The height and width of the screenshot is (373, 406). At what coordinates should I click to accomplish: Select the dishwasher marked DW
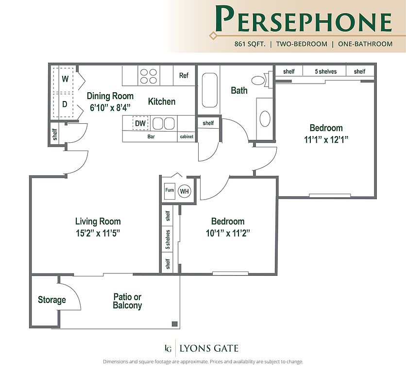[x=140, y=123]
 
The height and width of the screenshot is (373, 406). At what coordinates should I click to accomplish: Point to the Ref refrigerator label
[x=184, y=75]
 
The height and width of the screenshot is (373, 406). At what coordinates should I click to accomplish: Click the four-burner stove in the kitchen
[x=149, y=76]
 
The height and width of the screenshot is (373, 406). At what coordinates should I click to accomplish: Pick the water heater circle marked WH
[x=185, y=191]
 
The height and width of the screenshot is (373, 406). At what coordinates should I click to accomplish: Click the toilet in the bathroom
[x=260, y=80]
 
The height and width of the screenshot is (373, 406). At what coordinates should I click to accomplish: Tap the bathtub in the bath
[x=209, y=90]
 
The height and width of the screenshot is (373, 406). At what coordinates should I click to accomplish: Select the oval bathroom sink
[x=265, y=119]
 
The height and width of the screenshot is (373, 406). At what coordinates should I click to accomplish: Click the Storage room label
[x=52, y=300]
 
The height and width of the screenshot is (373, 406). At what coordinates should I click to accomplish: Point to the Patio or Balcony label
[x=127, y=301]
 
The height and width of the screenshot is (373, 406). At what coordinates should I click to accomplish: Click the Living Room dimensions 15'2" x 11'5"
[x=98, y=233]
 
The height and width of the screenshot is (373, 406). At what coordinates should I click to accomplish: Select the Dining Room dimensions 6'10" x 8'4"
[x=110, y=107]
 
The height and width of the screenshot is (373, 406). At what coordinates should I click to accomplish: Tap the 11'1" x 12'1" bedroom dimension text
[x=326, y=139]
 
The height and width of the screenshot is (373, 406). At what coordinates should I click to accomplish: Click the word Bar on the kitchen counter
[x=151, y=136]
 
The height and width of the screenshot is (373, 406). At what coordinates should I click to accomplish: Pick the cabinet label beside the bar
[x=186, y=136]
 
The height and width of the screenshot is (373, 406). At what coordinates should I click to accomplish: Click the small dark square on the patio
[x=175, y=323]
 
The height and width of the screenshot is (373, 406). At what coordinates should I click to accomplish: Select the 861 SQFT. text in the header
[x=250, y=44]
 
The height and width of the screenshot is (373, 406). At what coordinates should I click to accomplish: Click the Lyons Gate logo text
[x=209, y=348]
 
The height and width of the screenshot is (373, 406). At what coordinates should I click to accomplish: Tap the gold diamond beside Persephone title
[x=213, y=35]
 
